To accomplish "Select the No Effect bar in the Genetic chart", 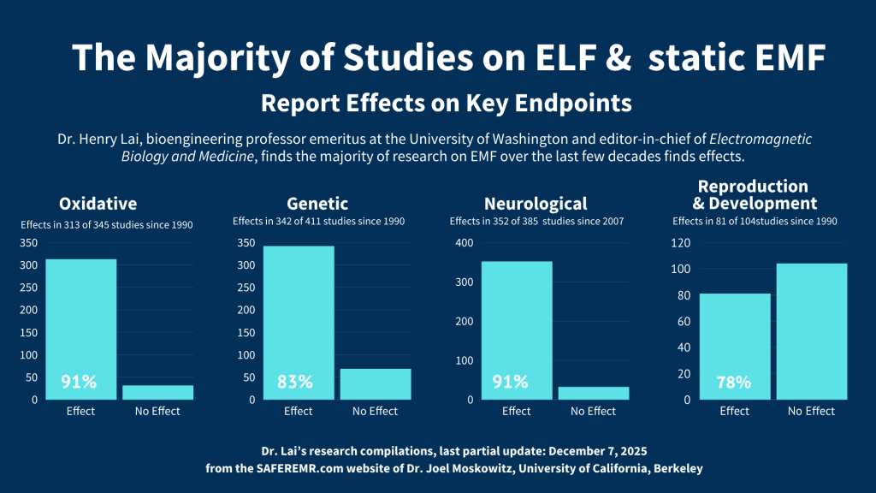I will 375,384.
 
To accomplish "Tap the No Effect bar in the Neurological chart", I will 594,393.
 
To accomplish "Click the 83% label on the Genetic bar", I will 295,383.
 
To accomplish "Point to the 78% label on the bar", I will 733,383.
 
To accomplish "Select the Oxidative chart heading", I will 98,204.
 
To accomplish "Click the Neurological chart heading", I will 536,204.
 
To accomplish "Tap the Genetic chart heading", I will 317,204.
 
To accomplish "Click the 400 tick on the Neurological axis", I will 464,243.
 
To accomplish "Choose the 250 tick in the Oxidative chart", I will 30,288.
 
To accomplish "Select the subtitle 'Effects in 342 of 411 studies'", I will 318,222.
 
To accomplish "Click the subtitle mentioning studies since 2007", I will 536,222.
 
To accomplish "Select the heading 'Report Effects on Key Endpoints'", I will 446,104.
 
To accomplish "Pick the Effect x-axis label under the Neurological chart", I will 517,412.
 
